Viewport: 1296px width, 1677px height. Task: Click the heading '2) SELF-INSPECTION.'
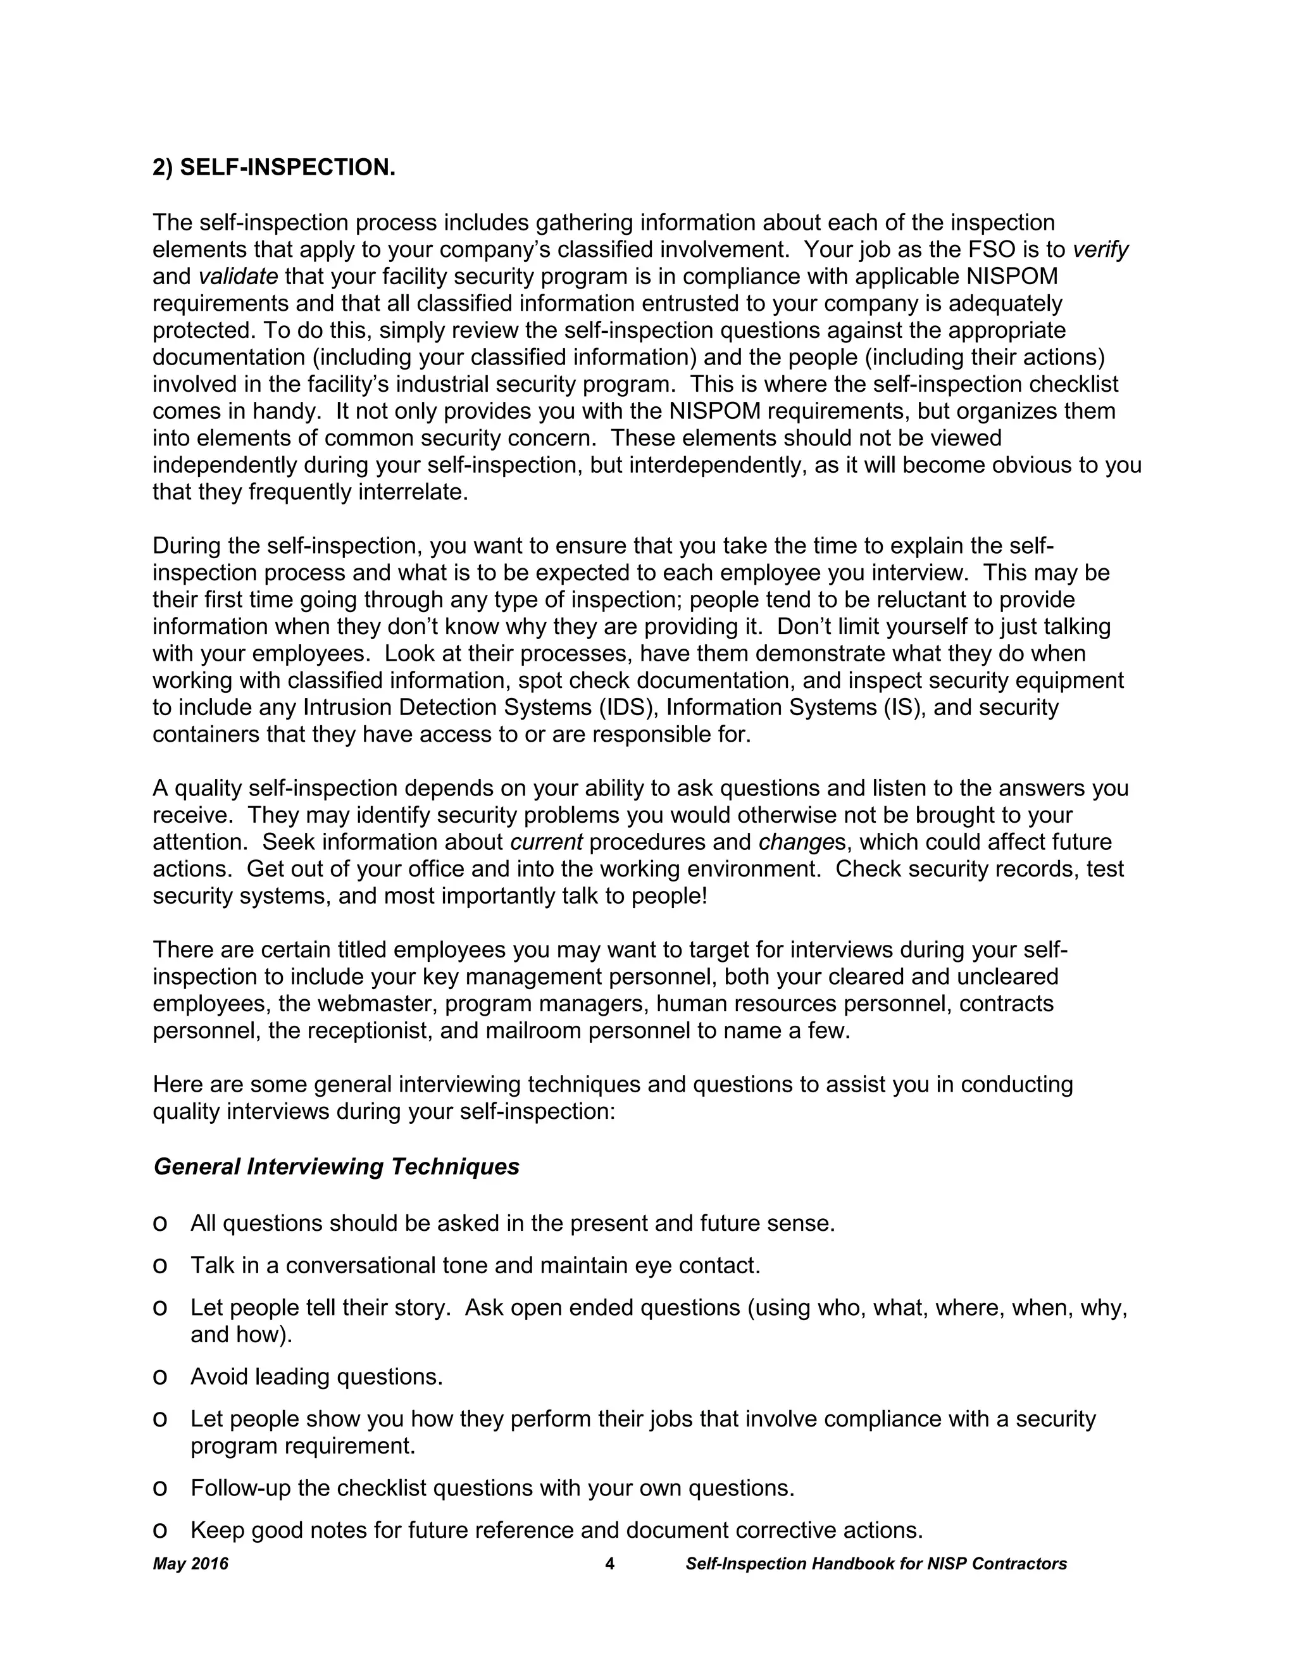pyautogui.click(x=274, y=168)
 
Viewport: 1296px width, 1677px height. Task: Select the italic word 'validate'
pyautogui.click(x=238, y=277)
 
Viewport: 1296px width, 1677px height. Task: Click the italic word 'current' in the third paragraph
pyautogui.click(x=546, y=842)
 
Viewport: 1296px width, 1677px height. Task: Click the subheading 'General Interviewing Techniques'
pyautogui.click(x=336, y=1166)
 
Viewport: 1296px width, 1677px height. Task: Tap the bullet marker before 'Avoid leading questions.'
pyautogui.click(x=159, y=1377)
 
